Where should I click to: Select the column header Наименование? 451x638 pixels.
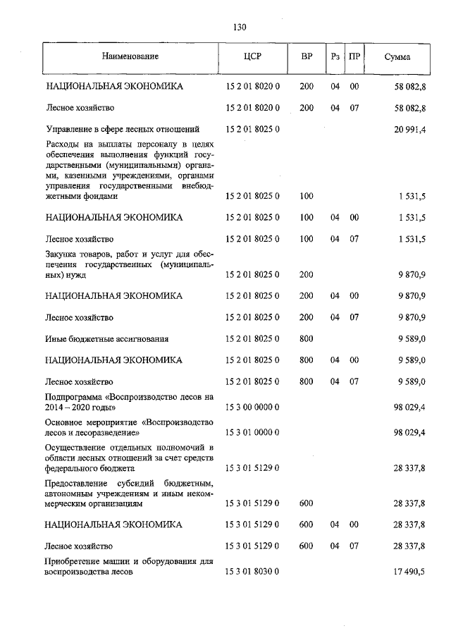point(129,56)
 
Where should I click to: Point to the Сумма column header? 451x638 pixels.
point(397,56)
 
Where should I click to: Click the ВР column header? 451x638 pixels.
point(307,56)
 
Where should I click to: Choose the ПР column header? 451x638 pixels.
point(355,56)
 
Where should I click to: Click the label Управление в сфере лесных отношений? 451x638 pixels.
point(122,130)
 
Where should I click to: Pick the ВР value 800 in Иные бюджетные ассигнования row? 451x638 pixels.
point(307,339)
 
